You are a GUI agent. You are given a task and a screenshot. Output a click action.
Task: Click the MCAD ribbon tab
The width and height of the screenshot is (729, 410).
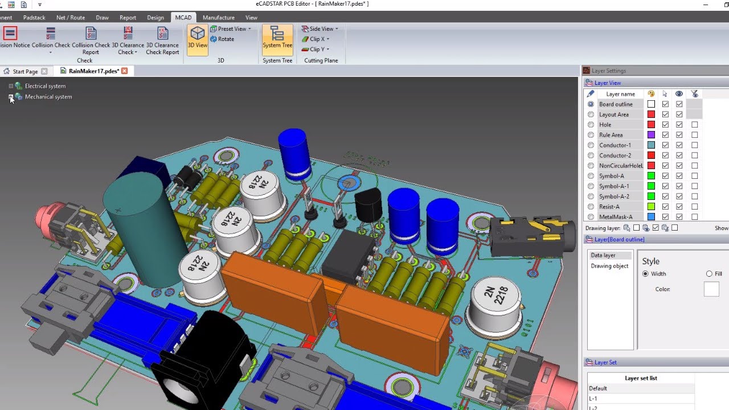click(183, 18)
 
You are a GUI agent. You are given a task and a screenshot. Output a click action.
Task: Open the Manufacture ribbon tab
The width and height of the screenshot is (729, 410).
click(218, 18)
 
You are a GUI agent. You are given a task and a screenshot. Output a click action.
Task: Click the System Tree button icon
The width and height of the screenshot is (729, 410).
click(277, 34)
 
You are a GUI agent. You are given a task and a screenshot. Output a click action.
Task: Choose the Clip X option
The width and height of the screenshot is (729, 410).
click(317, 39)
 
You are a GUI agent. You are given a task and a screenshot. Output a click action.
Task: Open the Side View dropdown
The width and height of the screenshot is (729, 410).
click(320, 29)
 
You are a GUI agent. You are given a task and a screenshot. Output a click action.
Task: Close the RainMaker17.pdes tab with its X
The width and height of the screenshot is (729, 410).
click(124, 71)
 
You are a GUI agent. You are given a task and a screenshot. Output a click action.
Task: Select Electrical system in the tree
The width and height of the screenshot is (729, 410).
click(45, 86)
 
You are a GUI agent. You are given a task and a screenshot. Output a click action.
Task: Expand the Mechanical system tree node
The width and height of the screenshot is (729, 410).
click(11, 97)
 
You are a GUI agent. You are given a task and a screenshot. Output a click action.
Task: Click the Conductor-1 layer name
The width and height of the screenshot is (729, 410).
click(615, 145)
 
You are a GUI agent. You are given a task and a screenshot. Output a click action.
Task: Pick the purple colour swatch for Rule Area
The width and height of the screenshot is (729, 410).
click(651, 135)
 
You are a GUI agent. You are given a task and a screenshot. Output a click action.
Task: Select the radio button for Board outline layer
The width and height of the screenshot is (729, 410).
click(591, 104)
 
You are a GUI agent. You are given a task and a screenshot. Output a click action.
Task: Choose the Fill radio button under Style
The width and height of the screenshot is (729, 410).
click(709, 274)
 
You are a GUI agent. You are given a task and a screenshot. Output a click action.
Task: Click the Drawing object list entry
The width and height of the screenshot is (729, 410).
click(609, 266)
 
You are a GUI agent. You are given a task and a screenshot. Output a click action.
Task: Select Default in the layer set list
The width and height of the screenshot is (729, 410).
click(598, 388)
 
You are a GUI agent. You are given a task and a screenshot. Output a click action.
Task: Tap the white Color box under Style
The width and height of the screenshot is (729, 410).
click(711, 289)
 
